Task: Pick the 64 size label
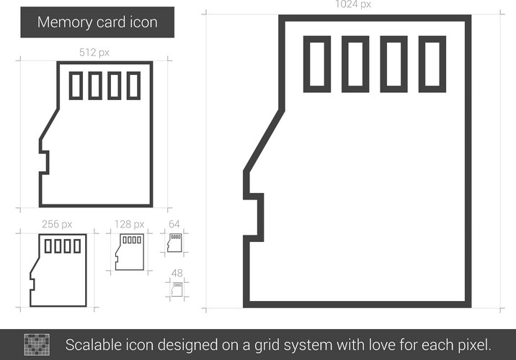point(174,224)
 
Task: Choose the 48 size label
point(177,273)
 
